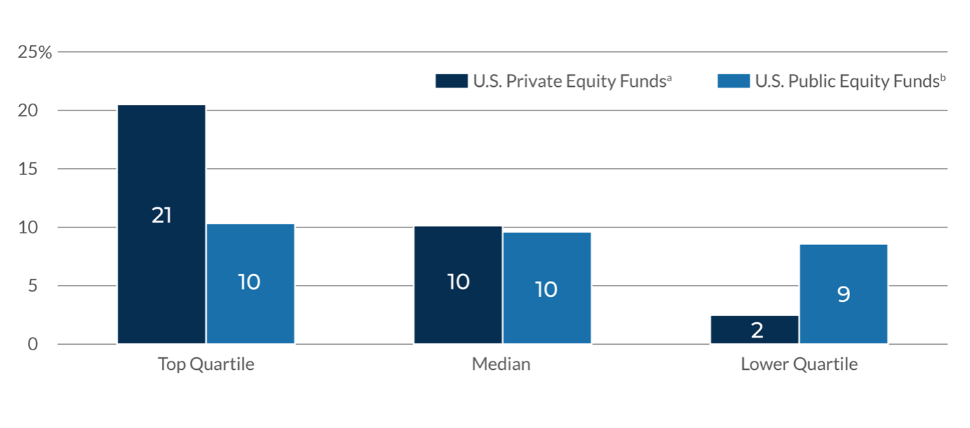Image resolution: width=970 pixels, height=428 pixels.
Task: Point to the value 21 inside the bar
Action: tap(161, 216)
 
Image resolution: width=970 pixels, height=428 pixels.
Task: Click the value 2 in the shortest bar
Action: tap(757, 330)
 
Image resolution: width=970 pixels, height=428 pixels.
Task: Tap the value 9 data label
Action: tap(843, 294)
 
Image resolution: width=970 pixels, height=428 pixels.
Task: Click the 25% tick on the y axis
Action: tap(35, 53)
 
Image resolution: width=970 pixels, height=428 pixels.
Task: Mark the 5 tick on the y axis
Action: tap(33, 286)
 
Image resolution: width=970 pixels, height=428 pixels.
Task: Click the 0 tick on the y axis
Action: tap(33, 344)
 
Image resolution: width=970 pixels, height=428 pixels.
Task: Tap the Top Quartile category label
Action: tap(205, 365)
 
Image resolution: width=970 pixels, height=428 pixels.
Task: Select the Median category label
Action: tap(501, 365)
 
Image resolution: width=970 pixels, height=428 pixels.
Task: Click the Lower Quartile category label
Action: tap(799, 365)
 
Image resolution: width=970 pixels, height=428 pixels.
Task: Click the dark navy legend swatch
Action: tap(451, 81)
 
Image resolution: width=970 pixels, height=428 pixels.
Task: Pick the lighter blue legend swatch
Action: tap(733, 81)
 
